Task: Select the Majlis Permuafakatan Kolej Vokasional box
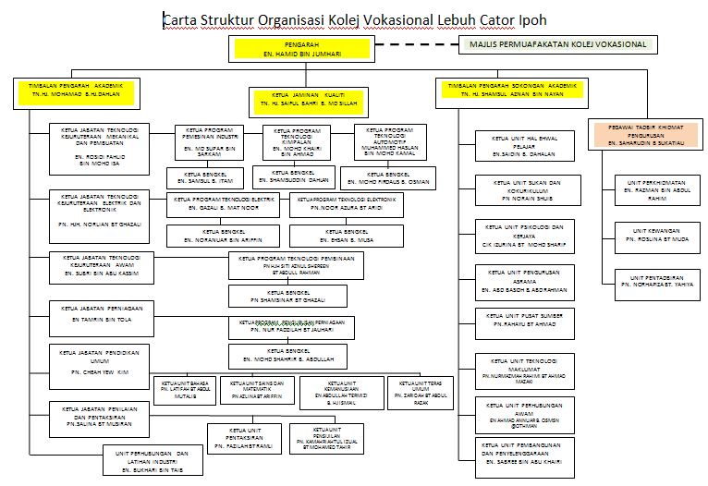click(558, 43)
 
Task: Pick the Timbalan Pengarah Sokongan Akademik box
click(512, 90)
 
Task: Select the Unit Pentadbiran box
click(653, 280)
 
